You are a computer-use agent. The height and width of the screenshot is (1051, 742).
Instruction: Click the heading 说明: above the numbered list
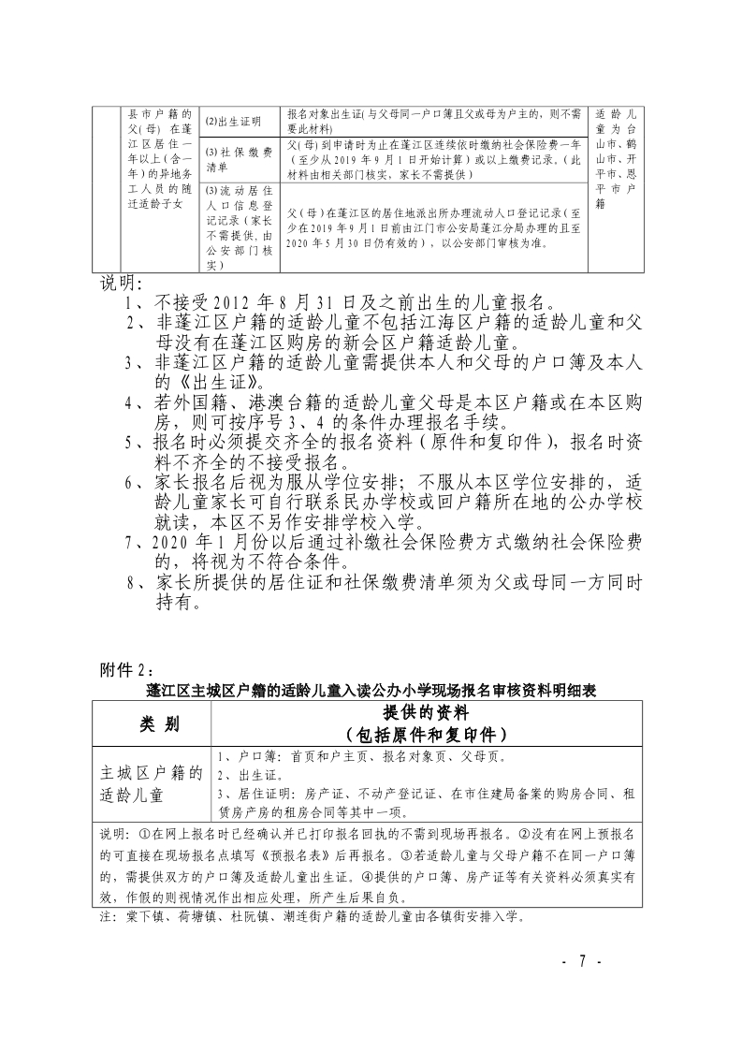pos(122,284)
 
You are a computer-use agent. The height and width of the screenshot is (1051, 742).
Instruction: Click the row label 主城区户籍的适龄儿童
pos(152,784)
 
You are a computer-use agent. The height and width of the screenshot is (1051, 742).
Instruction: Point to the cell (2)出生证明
pos(234,122)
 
